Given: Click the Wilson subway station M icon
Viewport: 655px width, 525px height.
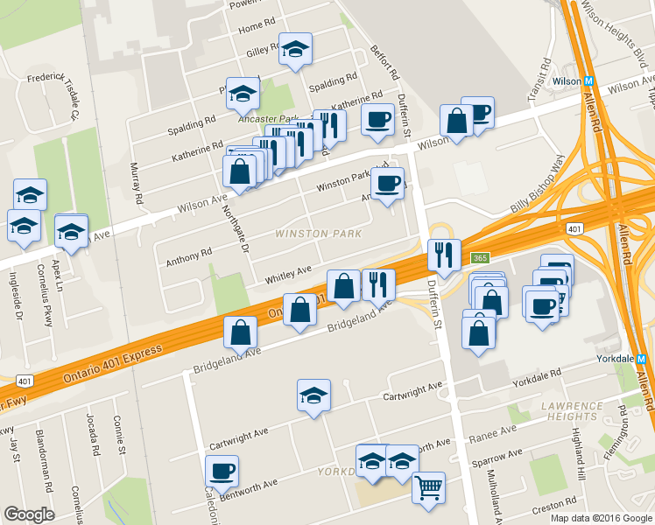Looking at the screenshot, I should pyautogui.click(x=589, y=81).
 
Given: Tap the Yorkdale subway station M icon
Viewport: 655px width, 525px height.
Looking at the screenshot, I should pyautogui.click(x=641, y=359).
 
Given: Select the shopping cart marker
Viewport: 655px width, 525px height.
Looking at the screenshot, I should pyautogui.click(x=428, y=487).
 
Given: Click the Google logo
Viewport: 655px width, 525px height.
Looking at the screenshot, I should pyautogui.click(x=29, y=514).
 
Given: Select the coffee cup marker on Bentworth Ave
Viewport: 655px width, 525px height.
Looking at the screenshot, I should pyautogui.click(x=222, y=471).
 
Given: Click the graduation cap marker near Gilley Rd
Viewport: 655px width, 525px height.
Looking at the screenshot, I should pyautogui.click(x=295, y=50).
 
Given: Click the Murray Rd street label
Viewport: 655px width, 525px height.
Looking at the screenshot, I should pyautogui.click(x=137, y=183).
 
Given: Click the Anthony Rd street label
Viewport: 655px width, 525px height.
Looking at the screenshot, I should pyautogui.click(x=194, y=255).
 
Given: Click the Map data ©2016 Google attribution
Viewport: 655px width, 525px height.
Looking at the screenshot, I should pyautogui.click(x=600, y=517).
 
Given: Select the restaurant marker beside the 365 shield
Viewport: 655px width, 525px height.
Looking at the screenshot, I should pyautogui.click(x=444, y=255).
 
